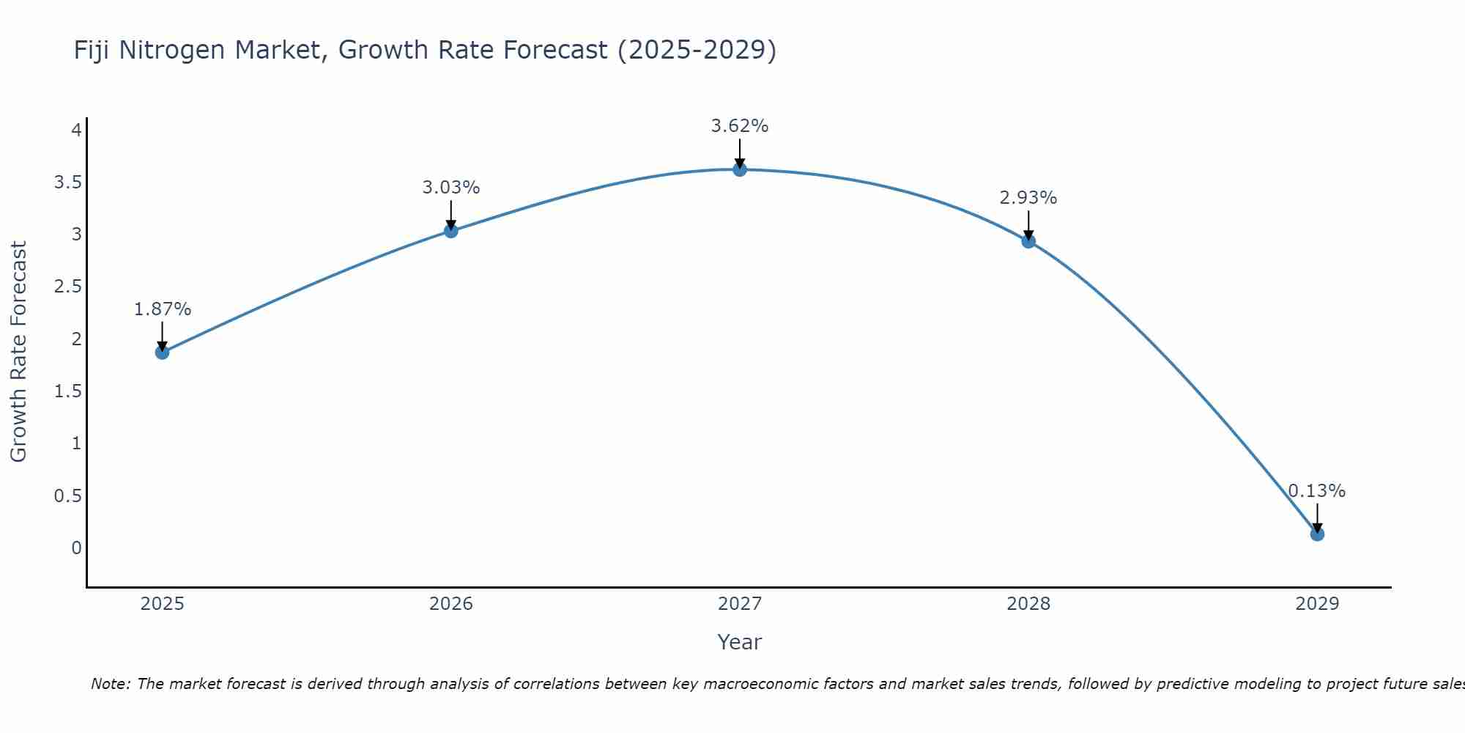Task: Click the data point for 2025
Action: [162, 353]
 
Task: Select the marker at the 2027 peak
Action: [740, 169]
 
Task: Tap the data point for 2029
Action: [1317, 534]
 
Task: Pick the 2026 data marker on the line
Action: [451, 231]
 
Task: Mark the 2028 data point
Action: [1028, 241]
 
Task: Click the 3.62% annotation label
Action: [740, 126]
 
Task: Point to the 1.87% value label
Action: [162, 309]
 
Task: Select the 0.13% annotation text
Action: [1317, 491]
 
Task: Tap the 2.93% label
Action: [1028, 198]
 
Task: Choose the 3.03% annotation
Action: [451, 188]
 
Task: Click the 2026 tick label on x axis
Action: [451, 604]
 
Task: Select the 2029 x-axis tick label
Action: [1317, 604]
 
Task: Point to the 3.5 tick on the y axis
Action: [67, 183]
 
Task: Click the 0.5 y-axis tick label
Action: [67, 496]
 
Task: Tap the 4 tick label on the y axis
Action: [76, 130]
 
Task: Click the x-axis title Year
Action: [740, 642]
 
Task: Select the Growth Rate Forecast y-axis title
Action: [18, 352]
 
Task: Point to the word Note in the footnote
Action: [110, 684]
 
